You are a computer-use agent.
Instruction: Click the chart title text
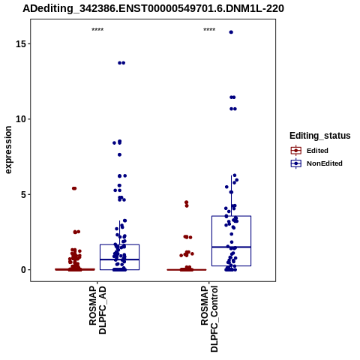[x=153, y=9]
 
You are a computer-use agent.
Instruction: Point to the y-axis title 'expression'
[x=8, y=150]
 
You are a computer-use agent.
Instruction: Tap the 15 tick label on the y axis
[x=21, y=43]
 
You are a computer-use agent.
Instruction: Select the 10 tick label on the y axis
[x=21, y=119]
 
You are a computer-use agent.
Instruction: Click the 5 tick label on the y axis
[x=23, y=194]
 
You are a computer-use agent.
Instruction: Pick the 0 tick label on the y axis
[x=23, y=270]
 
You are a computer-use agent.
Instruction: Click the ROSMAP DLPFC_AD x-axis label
[x=97, y=310]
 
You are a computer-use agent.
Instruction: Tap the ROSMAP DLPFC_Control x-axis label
[x=209, y=319]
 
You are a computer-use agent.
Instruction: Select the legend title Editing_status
[x=320, y=136]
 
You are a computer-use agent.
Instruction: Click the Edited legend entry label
[x=317, y=151]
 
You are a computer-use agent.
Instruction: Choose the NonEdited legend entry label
[x=325, y=163]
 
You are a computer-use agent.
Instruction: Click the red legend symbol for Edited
[x=296, y=151]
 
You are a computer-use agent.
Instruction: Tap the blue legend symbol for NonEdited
[x=296, y=163]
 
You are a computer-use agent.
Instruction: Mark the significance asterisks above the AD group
[x=97, y=30]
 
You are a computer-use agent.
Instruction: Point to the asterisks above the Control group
[x=209, y=30]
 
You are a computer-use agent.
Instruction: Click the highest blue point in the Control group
[x=231, y=32]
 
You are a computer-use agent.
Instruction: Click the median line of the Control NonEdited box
[x=231, y=247]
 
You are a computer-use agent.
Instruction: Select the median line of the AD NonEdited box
[x=119, y=259]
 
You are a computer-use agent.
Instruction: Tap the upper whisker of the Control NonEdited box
[x=231, y=196]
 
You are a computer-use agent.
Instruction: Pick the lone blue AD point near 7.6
[x=119, y=154]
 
